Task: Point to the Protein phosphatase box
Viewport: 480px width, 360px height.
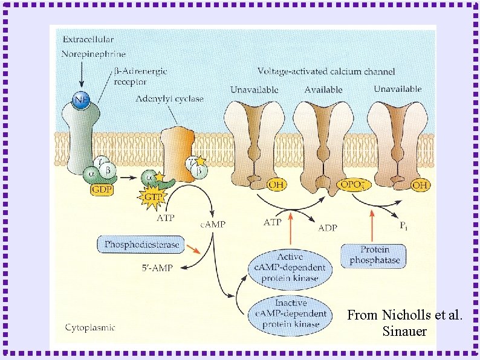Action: [375, 256]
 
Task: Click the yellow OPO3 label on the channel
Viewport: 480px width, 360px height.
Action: [349, 184]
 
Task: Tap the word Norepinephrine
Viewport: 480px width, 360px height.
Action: [94, 54]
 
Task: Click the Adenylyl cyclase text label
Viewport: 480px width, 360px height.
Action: [169, 98]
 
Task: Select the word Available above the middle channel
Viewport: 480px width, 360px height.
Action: [323, 89]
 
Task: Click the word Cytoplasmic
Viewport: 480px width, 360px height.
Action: [90, 327]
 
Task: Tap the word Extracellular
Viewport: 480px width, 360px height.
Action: [86, 40]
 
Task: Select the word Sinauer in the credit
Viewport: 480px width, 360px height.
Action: [404, 332]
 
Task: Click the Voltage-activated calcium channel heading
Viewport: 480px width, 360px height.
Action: [326, 71]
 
